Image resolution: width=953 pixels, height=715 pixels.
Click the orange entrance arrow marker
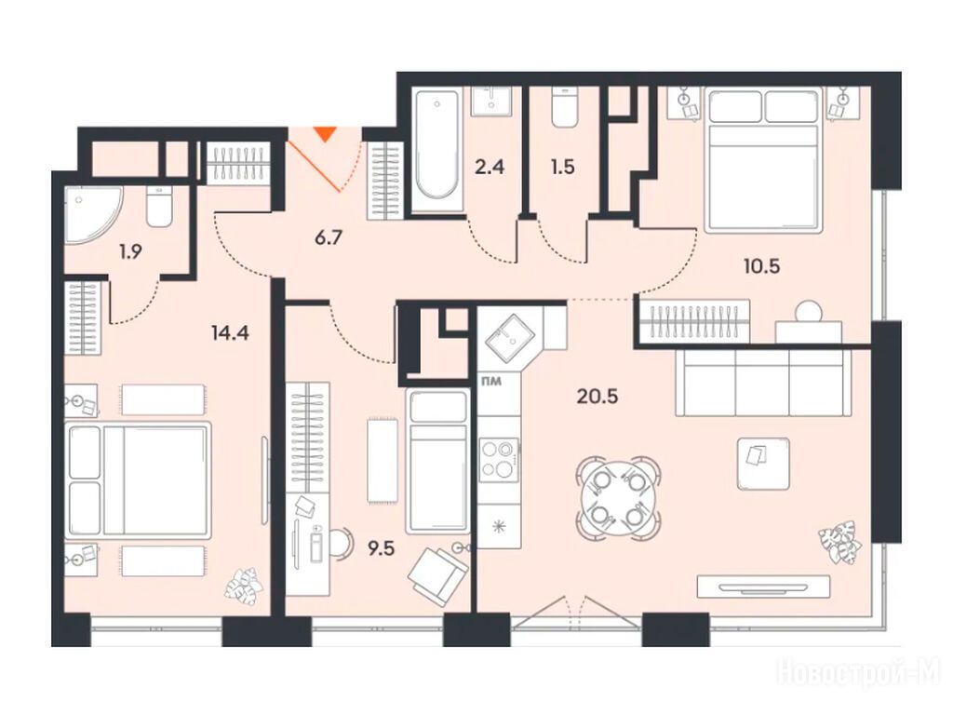coord(327,133)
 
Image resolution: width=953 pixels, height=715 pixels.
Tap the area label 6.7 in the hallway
coord(329,236)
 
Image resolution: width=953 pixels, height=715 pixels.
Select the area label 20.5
coord(597,397)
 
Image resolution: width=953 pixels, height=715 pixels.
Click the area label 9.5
coord(381,549)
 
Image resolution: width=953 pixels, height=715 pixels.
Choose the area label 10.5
coord(761,265)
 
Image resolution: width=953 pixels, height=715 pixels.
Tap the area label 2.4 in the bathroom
coord(490,167)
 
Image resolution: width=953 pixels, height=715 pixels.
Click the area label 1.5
coord(563,167)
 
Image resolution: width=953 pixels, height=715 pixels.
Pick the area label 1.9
coord(130,251)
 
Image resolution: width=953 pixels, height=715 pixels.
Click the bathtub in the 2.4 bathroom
coord(436,150)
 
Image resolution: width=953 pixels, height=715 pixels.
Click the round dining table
coord(619,499)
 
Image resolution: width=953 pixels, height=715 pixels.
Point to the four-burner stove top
coord(499,460)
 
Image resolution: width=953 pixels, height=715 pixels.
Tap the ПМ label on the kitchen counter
coord(491,382)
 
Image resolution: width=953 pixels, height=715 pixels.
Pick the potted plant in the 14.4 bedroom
coord(244,584)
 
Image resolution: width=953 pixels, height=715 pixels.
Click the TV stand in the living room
coord(763,587)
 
